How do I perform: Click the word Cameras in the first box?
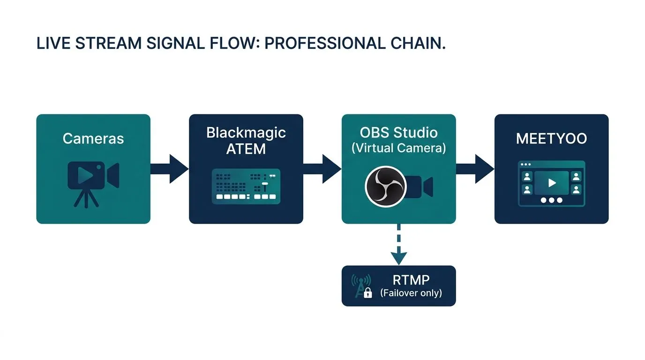[x=93, y=138]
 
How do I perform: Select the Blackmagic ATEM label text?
[x=246, y=141]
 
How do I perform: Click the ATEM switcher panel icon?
[x=246, y=186]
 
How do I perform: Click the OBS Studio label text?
[x=398, y=132]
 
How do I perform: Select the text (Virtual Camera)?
[x=398, y=148]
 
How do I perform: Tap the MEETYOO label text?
[x=551, y=139]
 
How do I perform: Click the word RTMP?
[x=411, y=280]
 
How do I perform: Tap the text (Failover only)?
[x=411, y=293]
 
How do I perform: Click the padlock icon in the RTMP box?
[x=368, y=293]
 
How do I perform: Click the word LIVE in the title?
[x=53, y=43]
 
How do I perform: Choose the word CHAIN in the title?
[x=418, y=43]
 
